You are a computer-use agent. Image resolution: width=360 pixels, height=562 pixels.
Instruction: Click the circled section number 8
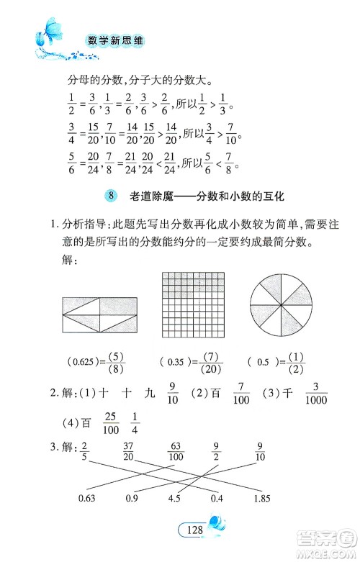tap(110, 196)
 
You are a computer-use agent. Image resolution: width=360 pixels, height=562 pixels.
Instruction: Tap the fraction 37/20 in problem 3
tap(131, 451)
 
